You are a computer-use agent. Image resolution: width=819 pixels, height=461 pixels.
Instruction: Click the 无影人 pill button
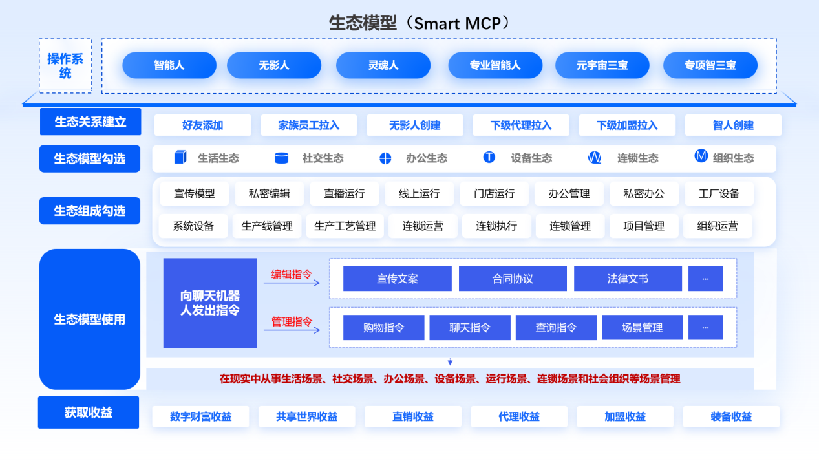(x=274, y=65)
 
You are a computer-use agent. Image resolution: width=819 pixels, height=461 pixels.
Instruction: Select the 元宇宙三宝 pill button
(x=602, y=65)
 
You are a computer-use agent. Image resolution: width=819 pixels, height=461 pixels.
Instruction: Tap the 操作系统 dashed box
(x=65, y=66)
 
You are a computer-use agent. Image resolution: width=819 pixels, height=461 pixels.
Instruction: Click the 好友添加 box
(x=202, y=125)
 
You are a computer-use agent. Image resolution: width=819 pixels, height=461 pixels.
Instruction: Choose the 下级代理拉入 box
(x=521, y=125)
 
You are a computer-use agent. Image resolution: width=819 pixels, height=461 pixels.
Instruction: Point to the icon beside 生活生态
(x=180, y=158)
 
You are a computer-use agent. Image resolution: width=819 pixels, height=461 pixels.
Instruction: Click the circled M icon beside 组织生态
(x=701, y=156)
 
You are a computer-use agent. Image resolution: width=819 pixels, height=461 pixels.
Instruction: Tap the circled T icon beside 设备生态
(x=489, y=157)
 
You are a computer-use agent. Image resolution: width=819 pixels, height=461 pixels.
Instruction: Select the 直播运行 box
(x=345, y=193)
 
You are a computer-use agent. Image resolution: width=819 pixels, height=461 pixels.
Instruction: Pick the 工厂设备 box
(x=719, y=193)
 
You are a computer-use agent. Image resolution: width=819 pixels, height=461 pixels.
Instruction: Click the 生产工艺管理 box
(x=345, y=226)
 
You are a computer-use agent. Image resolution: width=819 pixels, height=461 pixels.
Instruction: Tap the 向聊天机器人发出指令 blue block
(x=210, y=303)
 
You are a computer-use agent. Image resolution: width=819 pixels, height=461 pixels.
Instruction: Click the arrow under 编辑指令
(x=292, y=283)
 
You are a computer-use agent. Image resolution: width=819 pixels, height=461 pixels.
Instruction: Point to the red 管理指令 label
(x=292, y=321)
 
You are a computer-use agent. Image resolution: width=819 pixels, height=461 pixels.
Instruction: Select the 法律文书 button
(x=628, y=279)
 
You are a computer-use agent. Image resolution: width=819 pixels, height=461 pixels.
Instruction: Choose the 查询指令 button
(x=556, y=328)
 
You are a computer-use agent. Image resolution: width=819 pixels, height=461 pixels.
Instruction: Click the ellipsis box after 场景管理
(x=705, y=328)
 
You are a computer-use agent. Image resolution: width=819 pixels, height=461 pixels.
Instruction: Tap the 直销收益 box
(x=413, y=417)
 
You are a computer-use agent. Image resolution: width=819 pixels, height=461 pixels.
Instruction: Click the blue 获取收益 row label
(x=89, y=413)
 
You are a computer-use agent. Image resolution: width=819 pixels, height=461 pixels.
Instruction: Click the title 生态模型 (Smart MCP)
(x=420, y=23)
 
